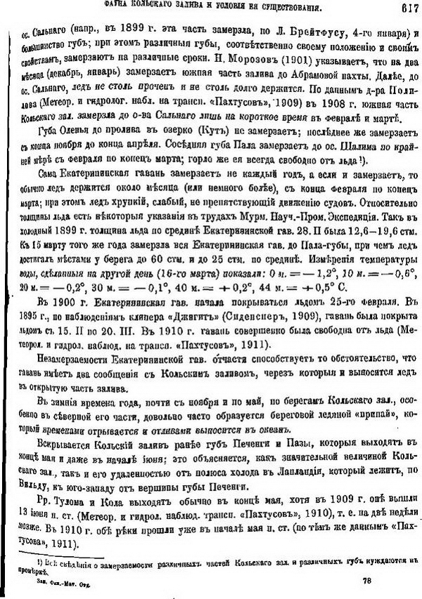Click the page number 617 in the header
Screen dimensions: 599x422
click(x=403, y=8)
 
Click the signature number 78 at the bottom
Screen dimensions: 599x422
click(x=366, y=581)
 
